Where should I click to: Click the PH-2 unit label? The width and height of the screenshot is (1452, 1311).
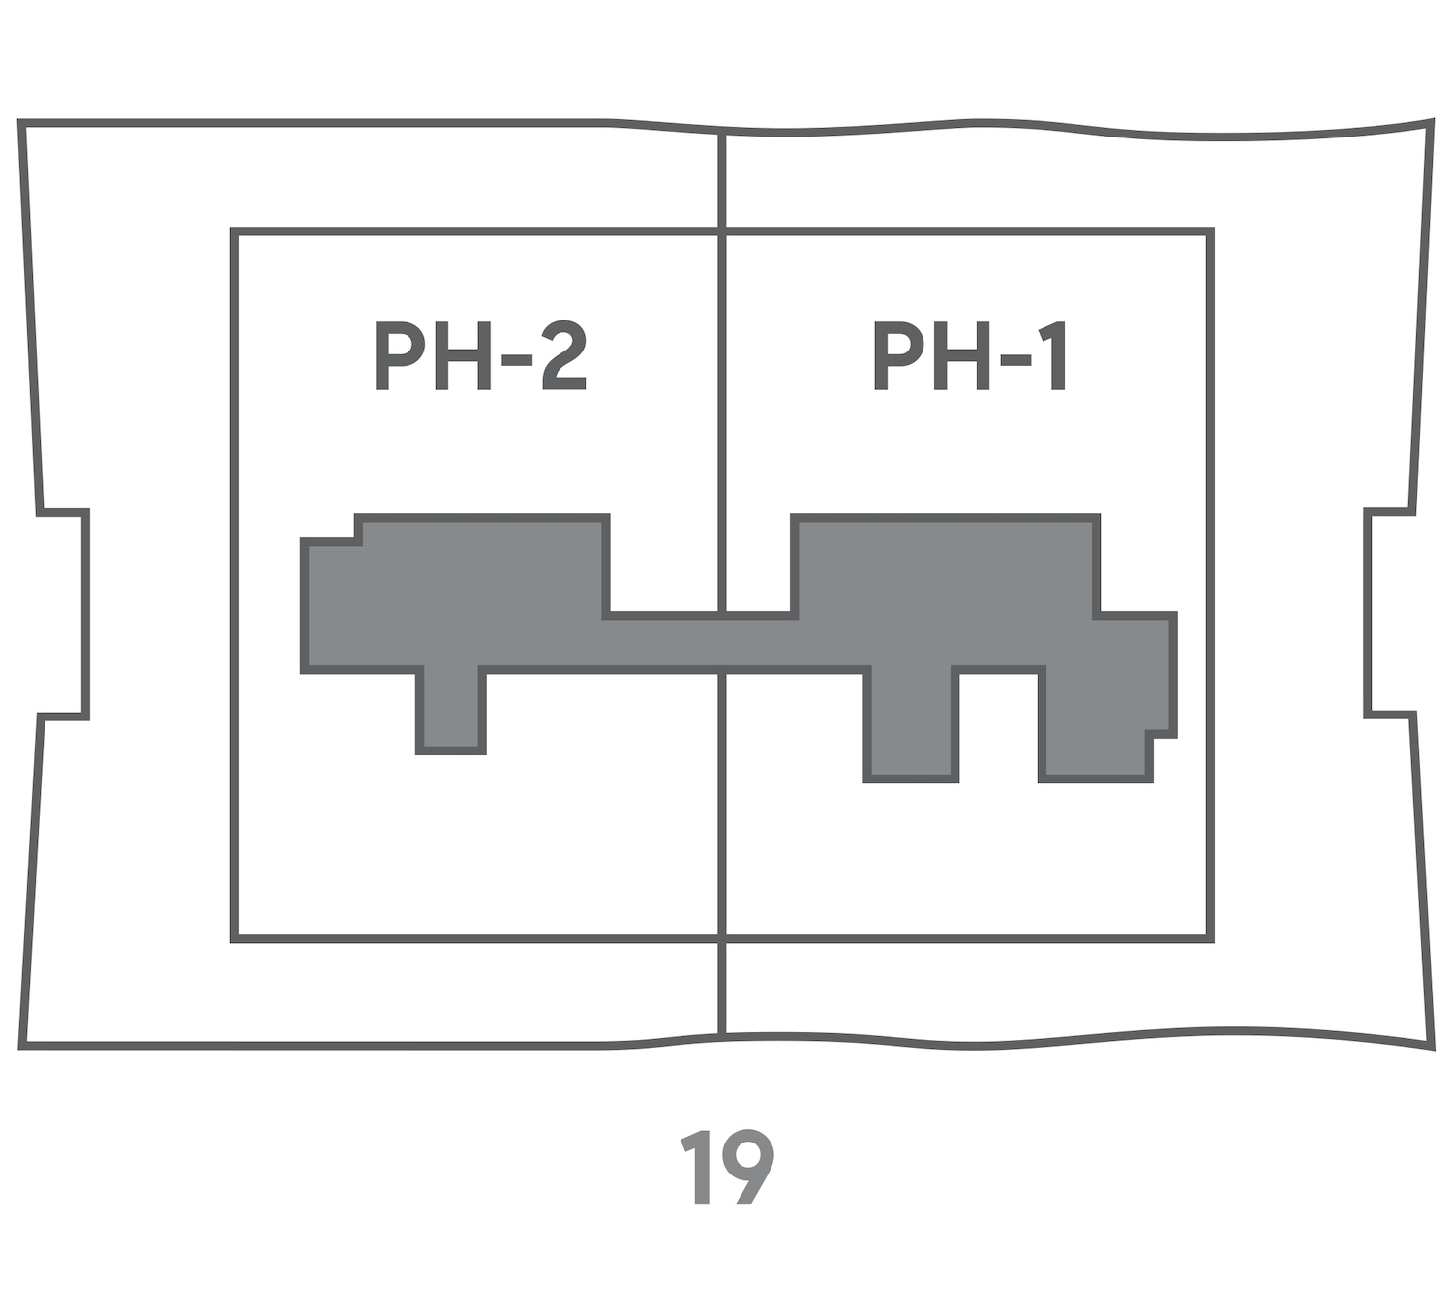(x=480, y=356)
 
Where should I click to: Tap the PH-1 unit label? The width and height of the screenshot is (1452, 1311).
(x=970, y=356)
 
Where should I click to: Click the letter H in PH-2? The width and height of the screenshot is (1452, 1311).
(x=462, y=356)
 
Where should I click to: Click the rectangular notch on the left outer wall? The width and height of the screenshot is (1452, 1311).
(x=64, y=614)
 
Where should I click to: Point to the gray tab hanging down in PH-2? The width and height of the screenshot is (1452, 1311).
(x=451, y=710)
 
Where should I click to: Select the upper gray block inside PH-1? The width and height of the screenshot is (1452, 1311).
(x=946, y=564)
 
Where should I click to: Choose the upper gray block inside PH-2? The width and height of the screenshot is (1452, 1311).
(x=481, y=564)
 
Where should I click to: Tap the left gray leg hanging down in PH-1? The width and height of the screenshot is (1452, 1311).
(x=911, y=724)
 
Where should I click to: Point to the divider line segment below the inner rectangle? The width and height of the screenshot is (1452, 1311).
(x=722, y=990)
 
